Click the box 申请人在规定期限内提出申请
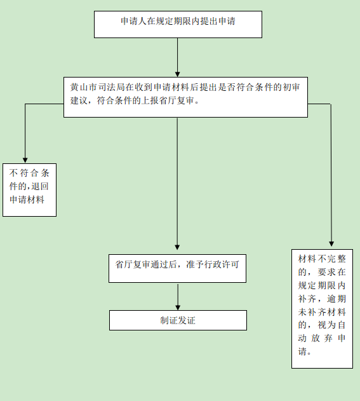click(x=178, y=24)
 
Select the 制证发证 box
click(x=178, y=320)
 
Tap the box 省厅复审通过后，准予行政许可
click(x=177, y=268)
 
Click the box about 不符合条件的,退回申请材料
click(x=29, y=190)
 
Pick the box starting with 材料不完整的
click(x=322, y=309)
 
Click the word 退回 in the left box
click(x=40, y=186)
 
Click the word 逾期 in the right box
click(x=337, y=299)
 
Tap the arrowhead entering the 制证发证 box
click(x=178, y=308)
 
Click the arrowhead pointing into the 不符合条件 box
click(x=25, y=160)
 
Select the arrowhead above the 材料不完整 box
click(x=331, y=244)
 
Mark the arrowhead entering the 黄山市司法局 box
click(x=178, y=74)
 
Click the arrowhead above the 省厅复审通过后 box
click(x=177, y=247)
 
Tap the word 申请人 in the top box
click(x=133, y=21)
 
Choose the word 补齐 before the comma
click(x=307, y=299)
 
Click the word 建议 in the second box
click(x=79, y=100)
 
